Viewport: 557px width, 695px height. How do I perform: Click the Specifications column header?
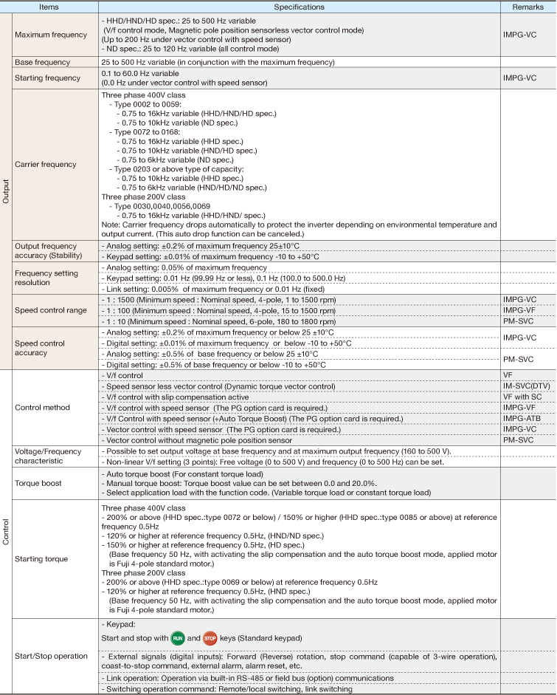[299, 7]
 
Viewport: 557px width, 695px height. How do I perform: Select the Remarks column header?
[527, 7]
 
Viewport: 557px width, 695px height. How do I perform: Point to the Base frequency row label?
[43, 62]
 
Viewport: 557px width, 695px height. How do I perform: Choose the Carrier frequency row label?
[45, 165]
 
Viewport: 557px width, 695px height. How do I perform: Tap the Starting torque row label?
[42, 558]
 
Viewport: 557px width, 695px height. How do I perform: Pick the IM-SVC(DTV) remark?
[526, 386]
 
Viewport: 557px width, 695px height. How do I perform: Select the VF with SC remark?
[522, 397]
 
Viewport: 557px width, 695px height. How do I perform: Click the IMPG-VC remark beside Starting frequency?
[519, 77]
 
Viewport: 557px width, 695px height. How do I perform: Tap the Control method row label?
[43, 408]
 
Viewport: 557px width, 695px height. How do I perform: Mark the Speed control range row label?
[49, 311]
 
